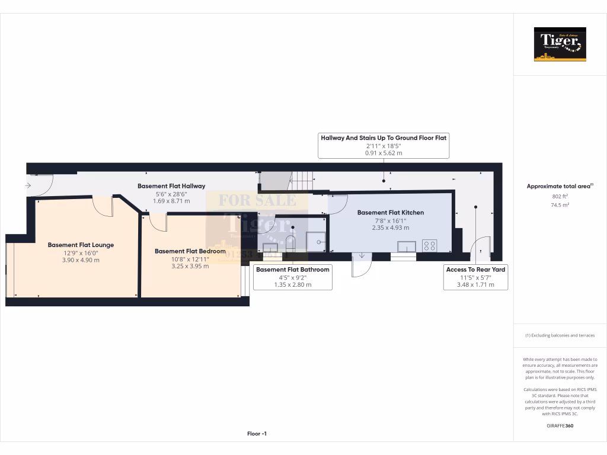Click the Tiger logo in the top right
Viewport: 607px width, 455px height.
coord(560,44)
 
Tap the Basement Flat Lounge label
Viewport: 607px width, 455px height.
coord(81,245)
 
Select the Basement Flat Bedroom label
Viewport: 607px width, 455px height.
coord(190,251)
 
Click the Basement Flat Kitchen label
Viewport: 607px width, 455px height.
coord(390,212)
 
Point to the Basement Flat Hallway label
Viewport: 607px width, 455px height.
coord(171,186)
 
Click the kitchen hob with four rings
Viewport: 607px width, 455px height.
coord(429,245)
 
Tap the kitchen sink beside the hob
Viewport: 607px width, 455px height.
coord(407,246)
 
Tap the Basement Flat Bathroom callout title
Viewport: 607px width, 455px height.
coord(292,270)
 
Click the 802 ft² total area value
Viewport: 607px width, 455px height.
coord(560,196)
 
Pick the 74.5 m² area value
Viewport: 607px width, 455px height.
coord(560,205)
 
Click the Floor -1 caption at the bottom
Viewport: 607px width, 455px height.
coord(257,434)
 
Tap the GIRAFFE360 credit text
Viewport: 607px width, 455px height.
coord(560,426)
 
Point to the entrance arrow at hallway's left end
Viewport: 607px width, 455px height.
coord(28,185)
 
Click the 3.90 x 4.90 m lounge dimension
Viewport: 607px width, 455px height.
coord(81,260)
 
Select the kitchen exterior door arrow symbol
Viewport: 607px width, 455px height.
coord(362,256)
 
